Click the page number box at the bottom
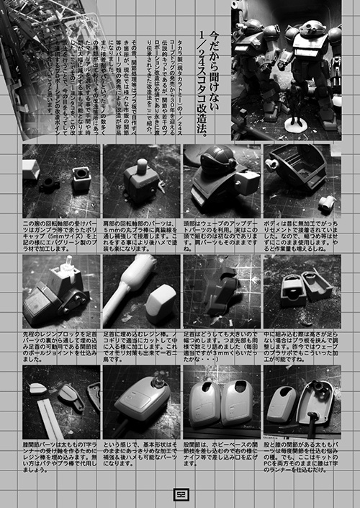tap(180, 492)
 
